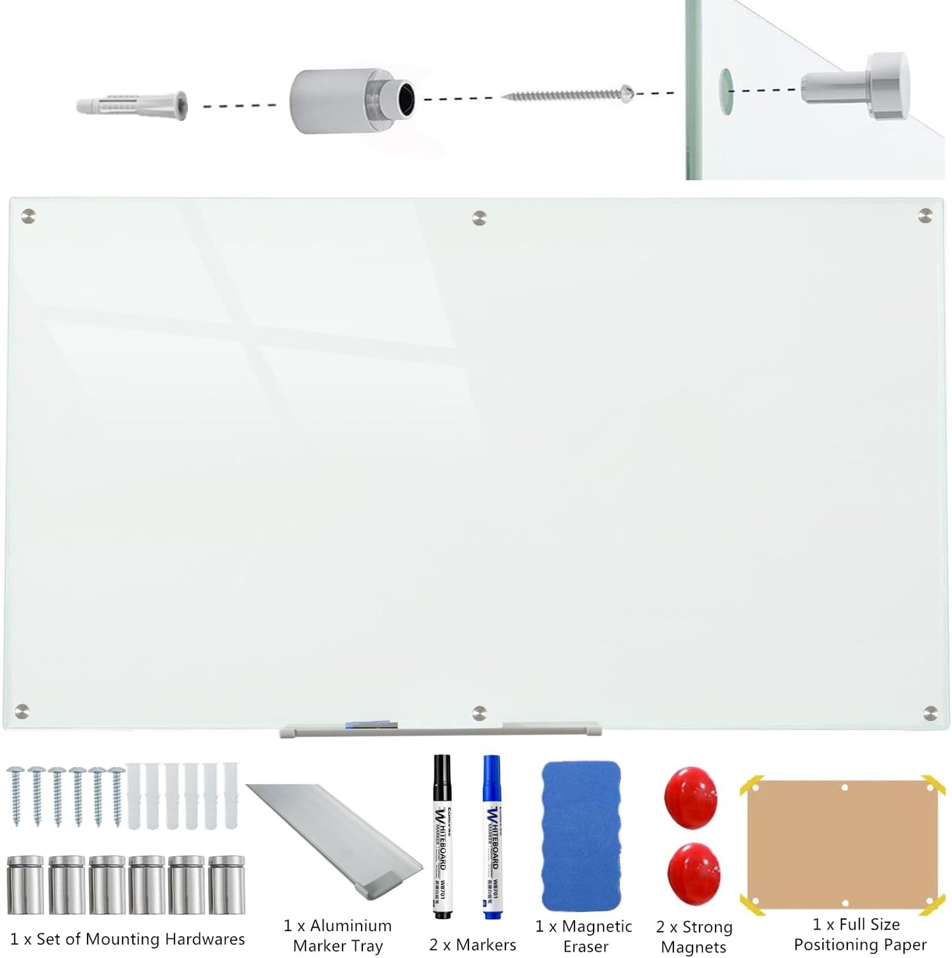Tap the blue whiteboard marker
click(492, 837)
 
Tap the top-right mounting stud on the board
click(926, 215)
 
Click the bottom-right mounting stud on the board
click(931, 712)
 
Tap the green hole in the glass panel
click(725, 90)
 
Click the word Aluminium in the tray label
click(350, 926)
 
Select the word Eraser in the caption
click(586, 947)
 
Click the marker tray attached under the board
click(440, 729)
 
